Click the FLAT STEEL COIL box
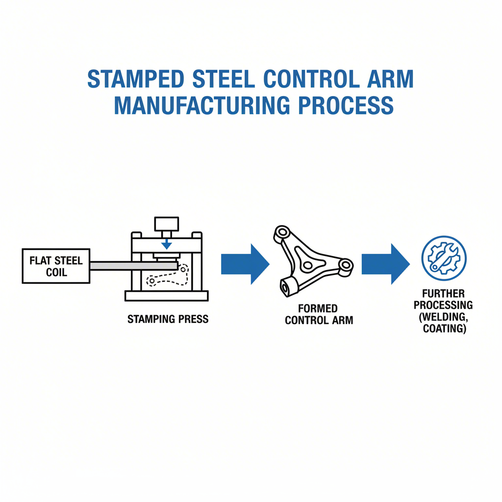click(56, 265)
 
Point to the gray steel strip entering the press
click(132, 265)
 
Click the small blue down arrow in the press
click(167, 244)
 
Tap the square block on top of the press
click(167, 224)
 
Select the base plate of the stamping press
click(167, 296)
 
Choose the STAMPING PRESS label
click(168, 319)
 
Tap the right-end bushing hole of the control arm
click(346, 266)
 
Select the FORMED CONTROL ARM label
click(319, 315)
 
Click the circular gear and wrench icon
click(444, 258)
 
